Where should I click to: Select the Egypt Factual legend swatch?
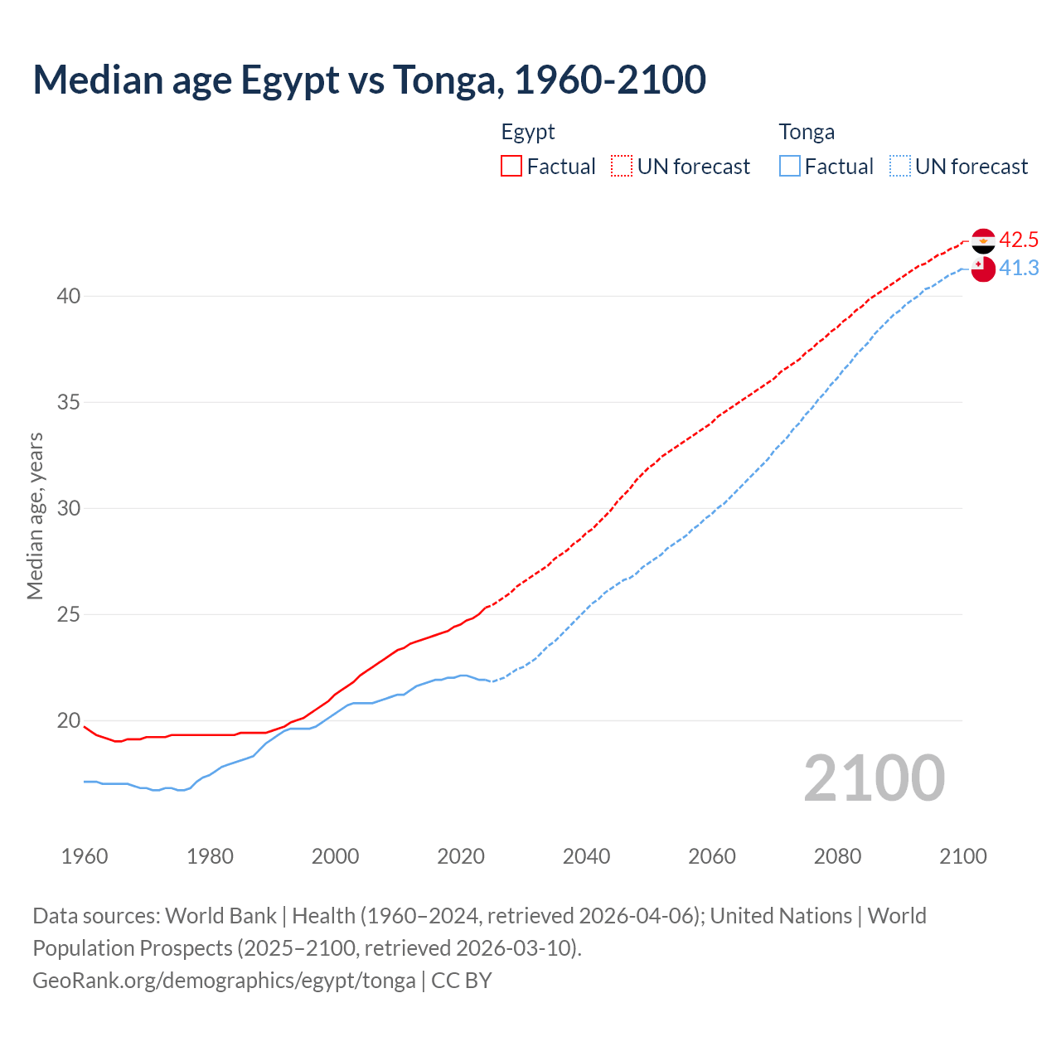(x=511, y=167)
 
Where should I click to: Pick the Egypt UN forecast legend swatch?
(x=622, y=167)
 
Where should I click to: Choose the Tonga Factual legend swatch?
(x=790, y=167)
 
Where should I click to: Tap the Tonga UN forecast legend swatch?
(x=899, y=167)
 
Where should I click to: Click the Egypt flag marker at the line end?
(x=983, y=241)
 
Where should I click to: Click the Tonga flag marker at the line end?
(x=983, y=269)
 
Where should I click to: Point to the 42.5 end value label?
(x=1019, y=240)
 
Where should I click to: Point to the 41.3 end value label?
(x=1019, y=269)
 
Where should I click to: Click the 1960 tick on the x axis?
(x=85, y=856)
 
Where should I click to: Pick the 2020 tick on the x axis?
(x=461, y=856)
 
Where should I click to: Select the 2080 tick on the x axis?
(x=837, y=856)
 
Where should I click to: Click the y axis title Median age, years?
(x=35, y=516)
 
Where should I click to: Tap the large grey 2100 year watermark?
(x=874, y=778)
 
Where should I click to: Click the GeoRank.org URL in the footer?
(x=224, y=981)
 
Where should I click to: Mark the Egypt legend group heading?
(x=528, y=133)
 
